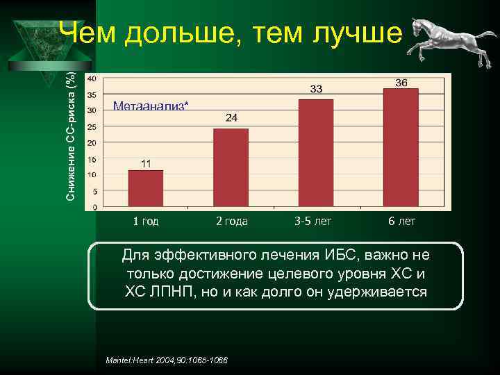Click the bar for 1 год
(146, 188)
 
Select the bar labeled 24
(231, 167)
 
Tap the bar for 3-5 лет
(316, 153)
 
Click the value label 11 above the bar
(146, 164)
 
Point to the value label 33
(316, 89)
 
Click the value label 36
(401, 83)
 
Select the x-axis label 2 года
(231, 222)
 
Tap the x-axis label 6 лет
(401, 222)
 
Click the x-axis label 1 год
(146, 222)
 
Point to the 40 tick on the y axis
(91, 78)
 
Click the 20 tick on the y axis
(91, 142)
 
